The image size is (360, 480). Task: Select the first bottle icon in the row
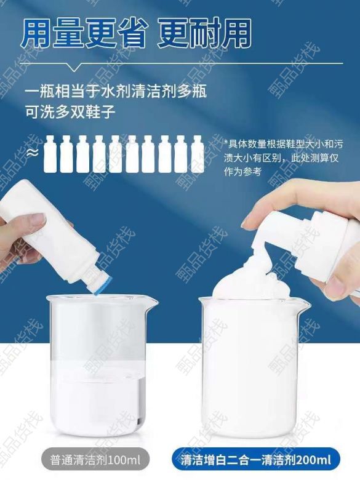pos(51,154)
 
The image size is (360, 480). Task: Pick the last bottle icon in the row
pos(198,154)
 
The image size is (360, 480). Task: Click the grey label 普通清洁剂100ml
pos(95,460)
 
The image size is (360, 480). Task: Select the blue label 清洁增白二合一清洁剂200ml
pos(256,460)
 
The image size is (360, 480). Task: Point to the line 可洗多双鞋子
pos(70,113)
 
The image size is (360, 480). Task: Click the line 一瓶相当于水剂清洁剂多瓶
pos(116,92)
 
